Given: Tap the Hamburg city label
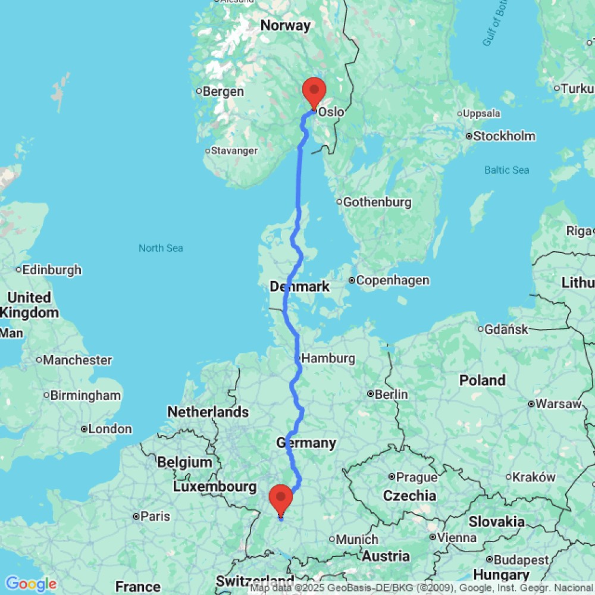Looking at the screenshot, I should tap(328, 358).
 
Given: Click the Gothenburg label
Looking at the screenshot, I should tap(377, 202).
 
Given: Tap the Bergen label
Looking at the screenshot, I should tap(223, 92).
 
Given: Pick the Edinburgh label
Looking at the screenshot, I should tap(52, 270).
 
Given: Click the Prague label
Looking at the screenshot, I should tap(416, 477).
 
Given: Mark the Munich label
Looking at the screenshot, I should tap(357, 539).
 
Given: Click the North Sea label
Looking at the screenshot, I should tap(161, 248).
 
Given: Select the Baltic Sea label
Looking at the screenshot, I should tap(506, 170).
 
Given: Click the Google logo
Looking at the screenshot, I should tap(31, 584).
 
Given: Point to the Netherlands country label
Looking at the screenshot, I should tap(208, 412).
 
